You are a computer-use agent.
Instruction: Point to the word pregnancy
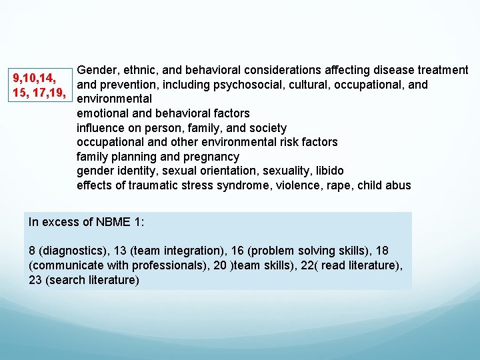point(214,157)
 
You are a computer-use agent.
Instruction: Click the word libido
point(325,171)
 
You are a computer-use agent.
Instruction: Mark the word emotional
point(103,113)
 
